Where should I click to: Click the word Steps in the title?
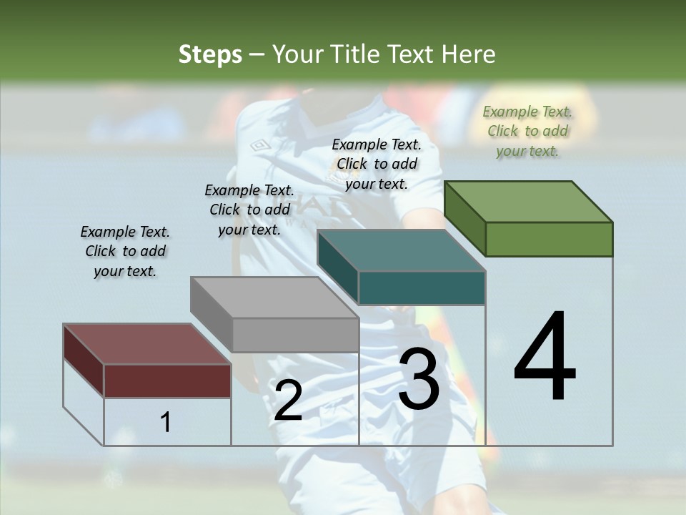coord(210,54)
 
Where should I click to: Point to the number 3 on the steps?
coord(419,378)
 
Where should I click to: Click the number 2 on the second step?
coord(288,401)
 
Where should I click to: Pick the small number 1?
coord(166,422)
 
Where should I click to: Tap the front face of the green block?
coord(549,239)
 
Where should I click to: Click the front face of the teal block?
coord(422,288)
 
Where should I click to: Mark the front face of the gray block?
coord(295,335)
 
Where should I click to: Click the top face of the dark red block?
coord(146,344)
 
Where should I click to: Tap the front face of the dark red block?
coord(167,381)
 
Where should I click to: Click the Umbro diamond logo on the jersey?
coord(260,146)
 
